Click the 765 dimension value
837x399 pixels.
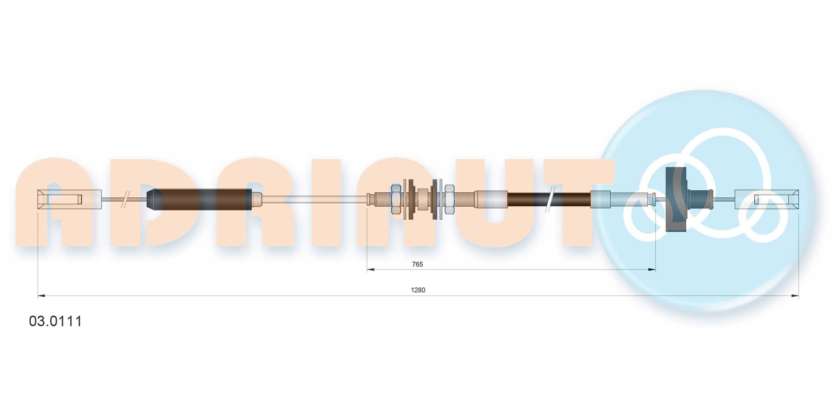(x=417, y=264)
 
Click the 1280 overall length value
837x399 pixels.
(x=418, y=290)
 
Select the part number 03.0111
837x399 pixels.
(x=56, y=321)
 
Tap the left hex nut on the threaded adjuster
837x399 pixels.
(x=396, y=199)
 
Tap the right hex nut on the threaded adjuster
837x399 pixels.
(x=450, y=199)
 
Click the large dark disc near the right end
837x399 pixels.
(x=676, y=199)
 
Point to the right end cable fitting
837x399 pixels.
(x=767, y=199)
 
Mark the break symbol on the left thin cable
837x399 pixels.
(x=125, y=199)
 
